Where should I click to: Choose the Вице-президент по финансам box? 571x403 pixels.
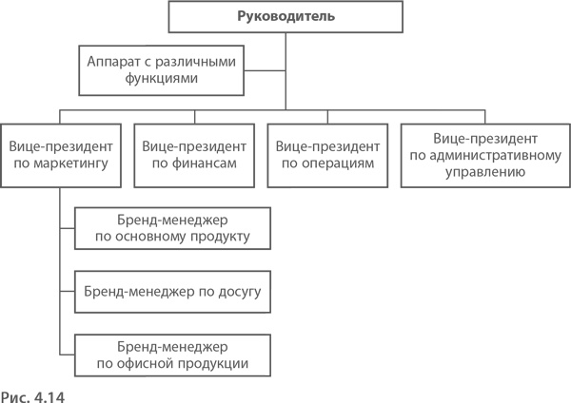(x=194, y=156)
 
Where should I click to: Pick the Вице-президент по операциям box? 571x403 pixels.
(x=327, y=156)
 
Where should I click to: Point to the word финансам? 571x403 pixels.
(x=203, y=164)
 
